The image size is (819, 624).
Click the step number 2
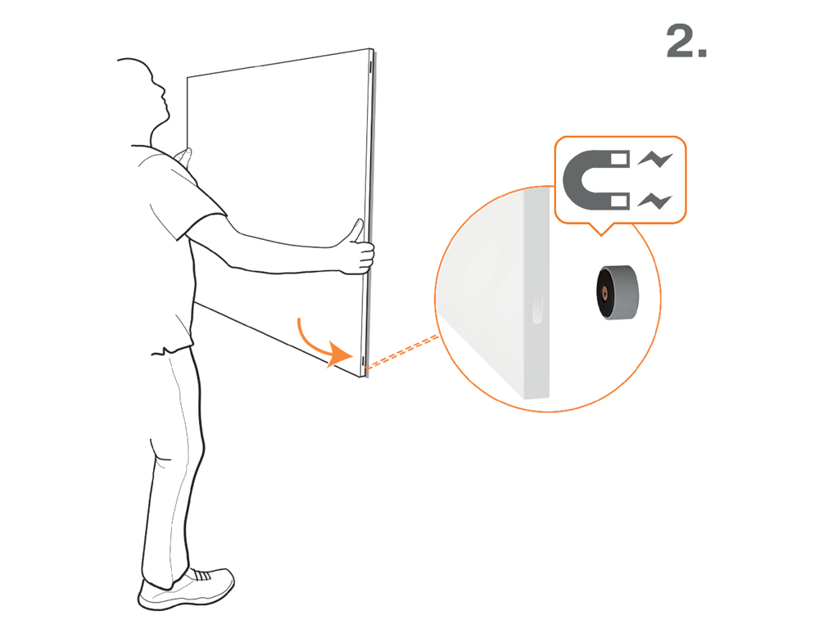click(x=686, y=41)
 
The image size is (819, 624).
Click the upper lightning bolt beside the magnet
click(x=655, y=159)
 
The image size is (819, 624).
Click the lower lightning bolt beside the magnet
click(x=655, y=201)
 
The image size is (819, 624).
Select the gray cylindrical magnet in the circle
click(x=618, y=292)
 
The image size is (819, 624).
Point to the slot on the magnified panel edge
click(x=537, y=309)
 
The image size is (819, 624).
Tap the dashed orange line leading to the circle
click(x=401, y=352)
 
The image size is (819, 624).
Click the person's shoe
click(x=187, y=589)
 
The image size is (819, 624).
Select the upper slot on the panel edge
click(x=370, y=66)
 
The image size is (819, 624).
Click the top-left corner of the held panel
click(x=188, y=78)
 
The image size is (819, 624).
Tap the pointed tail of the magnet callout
click(x=600, y=234)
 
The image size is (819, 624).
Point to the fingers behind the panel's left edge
click(x=183, y=155)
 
